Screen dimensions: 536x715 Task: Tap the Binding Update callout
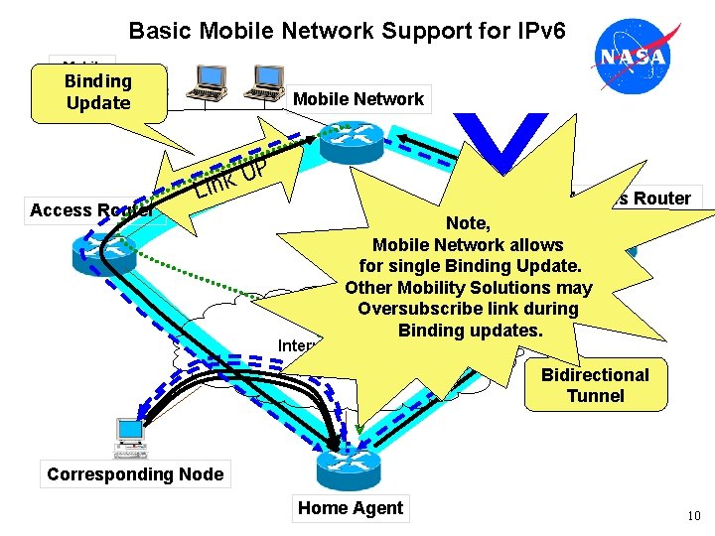(97, 92)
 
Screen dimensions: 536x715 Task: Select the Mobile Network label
(358, 98)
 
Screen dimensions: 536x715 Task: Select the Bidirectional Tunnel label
(595, 385)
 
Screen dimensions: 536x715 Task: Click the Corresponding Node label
(135, 473)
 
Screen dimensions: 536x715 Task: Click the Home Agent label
(351, 508)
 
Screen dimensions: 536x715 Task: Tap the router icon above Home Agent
(343, 462)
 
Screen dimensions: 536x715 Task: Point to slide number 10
(693, 516)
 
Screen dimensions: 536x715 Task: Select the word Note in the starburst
(468, 223)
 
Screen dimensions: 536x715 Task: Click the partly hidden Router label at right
(658, 198)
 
